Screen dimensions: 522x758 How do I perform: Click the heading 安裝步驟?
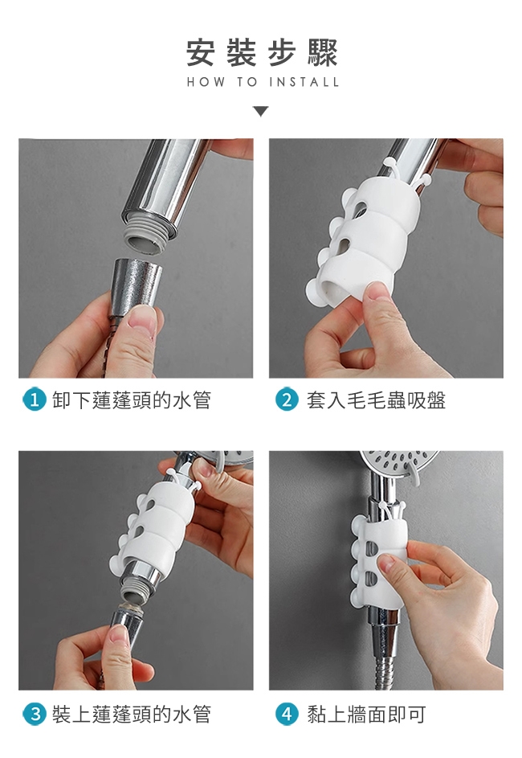coord(262,53)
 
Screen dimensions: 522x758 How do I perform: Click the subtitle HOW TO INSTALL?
coord(263,82)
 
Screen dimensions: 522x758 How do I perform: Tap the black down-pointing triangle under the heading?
coord(261,112)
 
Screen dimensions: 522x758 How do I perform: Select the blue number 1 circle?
coord(35,400)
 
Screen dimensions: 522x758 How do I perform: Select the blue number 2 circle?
coord(287,400)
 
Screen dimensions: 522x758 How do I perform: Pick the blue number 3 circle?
coord(35,714)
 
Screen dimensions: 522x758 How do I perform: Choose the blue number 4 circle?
coord(287,714)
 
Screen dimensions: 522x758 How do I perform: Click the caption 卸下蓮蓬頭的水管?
coord(132,400)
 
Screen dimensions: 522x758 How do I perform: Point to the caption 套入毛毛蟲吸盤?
coord(376,400)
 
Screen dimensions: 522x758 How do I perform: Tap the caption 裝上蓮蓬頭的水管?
coord(132,714)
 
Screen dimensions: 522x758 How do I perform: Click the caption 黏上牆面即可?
coord(366,714)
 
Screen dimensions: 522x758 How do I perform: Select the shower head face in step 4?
coord(399,461)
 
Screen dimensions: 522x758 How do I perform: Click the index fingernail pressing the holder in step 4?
coord(386,563)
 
